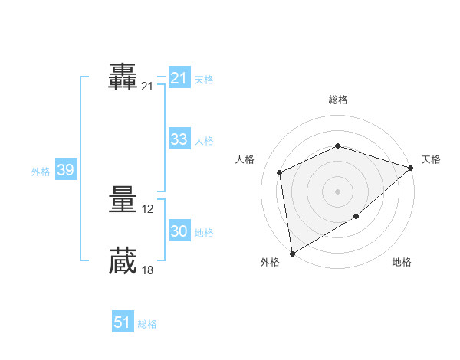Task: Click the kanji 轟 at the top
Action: coord(123,78)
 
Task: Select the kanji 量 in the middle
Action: coord(123,201)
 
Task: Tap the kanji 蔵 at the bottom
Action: coord(123,260)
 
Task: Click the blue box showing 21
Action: coord(179,78)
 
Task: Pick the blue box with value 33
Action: coord(179,139)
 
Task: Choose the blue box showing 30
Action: coord(179,231)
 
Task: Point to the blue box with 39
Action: coord(65,170)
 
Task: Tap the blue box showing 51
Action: coord(123,322)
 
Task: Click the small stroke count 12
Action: coord(148,209)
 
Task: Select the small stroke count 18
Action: coord(148,270)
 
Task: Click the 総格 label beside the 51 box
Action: coord(147,324)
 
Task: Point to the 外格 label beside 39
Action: coord(41,172)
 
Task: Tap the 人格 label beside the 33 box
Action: coord(204,141)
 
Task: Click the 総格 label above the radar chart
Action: coord(338,100)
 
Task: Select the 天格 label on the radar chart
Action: coord(431,159)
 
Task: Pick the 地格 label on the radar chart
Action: coord(402,263)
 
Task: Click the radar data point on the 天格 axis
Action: coord(411,167)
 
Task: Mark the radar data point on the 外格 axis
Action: coord(292,253)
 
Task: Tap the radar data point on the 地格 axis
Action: coord(356,217)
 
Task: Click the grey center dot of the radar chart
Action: coord(337,191)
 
